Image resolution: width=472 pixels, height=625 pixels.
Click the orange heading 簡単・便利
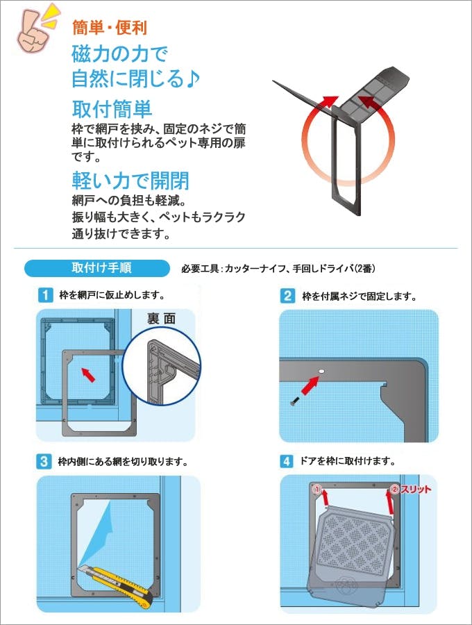(110, 28)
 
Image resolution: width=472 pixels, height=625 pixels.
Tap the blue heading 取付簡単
(112, 109)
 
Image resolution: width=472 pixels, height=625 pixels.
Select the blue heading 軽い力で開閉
(130, 181)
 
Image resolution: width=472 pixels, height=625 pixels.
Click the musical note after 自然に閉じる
(193, 79)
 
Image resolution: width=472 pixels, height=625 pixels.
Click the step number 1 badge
(45, 295)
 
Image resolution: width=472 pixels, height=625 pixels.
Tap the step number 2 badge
(287, 296)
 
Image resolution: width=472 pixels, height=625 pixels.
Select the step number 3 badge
(44, 462)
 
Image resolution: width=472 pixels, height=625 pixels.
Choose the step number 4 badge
(287, 461)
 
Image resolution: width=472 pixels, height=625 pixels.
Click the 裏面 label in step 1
(161, 319)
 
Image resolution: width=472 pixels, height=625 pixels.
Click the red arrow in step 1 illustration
(88, 375)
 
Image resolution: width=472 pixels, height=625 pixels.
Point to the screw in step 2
(294, 402)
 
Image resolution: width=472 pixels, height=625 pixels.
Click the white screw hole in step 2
(321, 372)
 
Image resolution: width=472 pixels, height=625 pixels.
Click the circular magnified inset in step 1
(161, 366)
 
